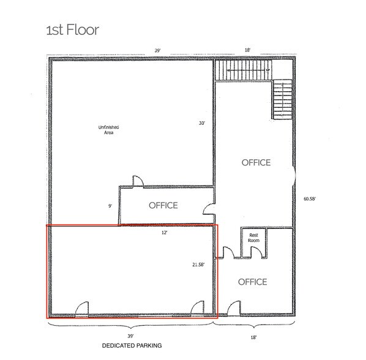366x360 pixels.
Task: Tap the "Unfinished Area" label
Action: click(108, 129)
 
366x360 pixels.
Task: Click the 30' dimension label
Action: click(201, 123)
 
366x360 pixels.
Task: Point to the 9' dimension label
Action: click(110, 206)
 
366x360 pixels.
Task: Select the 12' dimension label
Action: click(163, 233)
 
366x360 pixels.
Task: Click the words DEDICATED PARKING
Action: click(132, 346)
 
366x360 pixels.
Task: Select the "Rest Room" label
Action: click(253, 238)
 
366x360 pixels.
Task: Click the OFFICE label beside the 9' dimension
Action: click(163, 206)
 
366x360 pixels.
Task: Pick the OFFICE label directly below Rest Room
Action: click(252, 282)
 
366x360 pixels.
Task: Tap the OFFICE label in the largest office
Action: click(256, 163)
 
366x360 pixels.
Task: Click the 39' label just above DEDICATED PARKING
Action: click(131, 336)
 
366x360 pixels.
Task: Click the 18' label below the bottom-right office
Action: click(253, 336)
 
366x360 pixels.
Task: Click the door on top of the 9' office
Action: click(138, 181)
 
